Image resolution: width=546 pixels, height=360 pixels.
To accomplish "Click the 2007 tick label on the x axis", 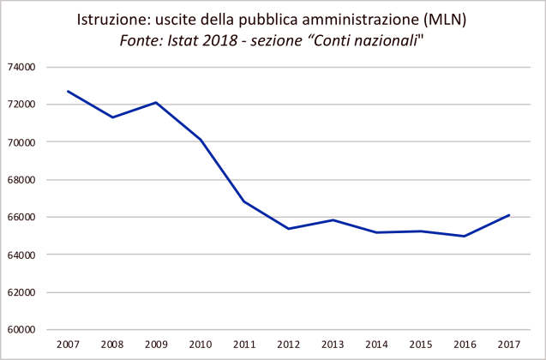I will (x=68, y=345).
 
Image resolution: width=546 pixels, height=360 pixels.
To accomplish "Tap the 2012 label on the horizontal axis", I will (x=289, y=345).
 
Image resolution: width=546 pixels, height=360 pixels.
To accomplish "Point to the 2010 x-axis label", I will (x=201, y=345).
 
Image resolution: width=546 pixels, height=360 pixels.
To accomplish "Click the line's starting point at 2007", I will (x=68, y=91).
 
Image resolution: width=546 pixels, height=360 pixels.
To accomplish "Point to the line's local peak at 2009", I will (x=156, y=102).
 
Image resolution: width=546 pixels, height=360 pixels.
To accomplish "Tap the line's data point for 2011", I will (x=244, y=201).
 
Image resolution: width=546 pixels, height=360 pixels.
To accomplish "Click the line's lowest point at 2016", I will (x=465, y=236).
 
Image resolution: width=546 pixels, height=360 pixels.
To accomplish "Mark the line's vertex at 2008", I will (x=112, y=117).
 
